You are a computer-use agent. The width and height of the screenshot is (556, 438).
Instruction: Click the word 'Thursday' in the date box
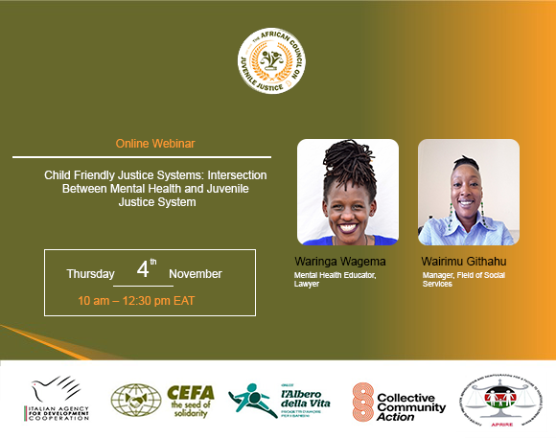pos(90,274)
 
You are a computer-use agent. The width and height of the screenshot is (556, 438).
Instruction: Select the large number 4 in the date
pos(142,270)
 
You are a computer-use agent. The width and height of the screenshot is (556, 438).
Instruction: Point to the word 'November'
pos(196,274)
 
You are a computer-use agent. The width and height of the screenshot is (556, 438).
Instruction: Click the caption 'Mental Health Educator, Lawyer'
pos(336,280)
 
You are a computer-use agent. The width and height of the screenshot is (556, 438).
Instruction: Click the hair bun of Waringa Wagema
pos(347,158)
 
